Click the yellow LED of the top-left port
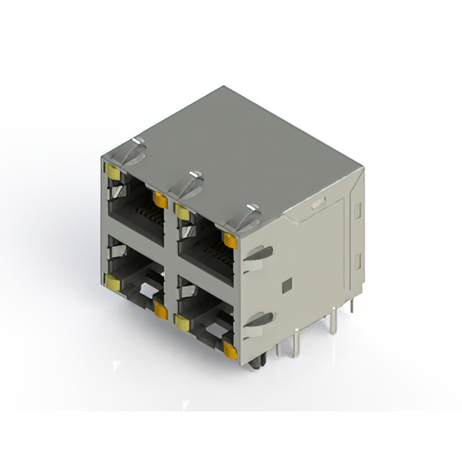tap(112, 170)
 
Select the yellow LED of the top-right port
tap(180, 211)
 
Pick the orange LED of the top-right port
tap(230, 240)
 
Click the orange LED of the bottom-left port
tap(160, 310)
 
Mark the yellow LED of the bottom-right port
tap(181, 322)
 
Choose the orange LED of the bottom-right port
tap(230, 351)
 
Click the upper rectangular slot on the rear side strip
tap(357, 210)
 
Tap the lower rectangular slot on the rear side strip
tap(357, 259)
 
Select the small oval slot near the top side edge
tap(318, 204)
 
